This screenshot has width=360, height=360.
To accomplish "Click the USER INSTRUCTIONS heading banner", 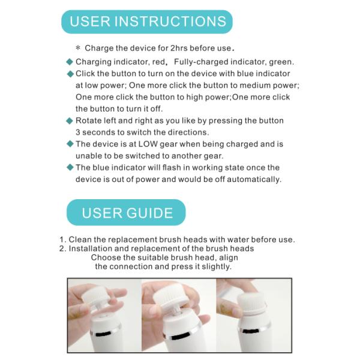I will (x=147, y=22).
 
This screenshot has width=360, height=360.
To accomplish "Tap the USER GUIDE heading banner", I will (x=127, y=212).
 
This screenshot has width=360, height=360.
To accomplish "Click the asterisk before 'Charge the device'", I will (x=78, y=48).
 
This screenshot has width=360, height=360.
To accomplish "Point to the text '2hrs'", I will (x=178, y=47).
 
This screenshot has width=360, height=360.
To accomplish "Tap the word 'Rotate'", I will (x=89, y=121).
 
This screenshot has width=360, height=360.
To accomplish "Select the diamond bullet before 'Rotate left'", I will (x=70, y=121).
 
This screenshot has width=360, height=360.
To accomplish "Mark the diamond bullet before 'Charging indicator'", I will (x=70, y=62).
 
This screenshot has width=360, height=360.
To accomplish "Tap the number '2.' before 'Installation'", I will (x=62, y=248).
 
